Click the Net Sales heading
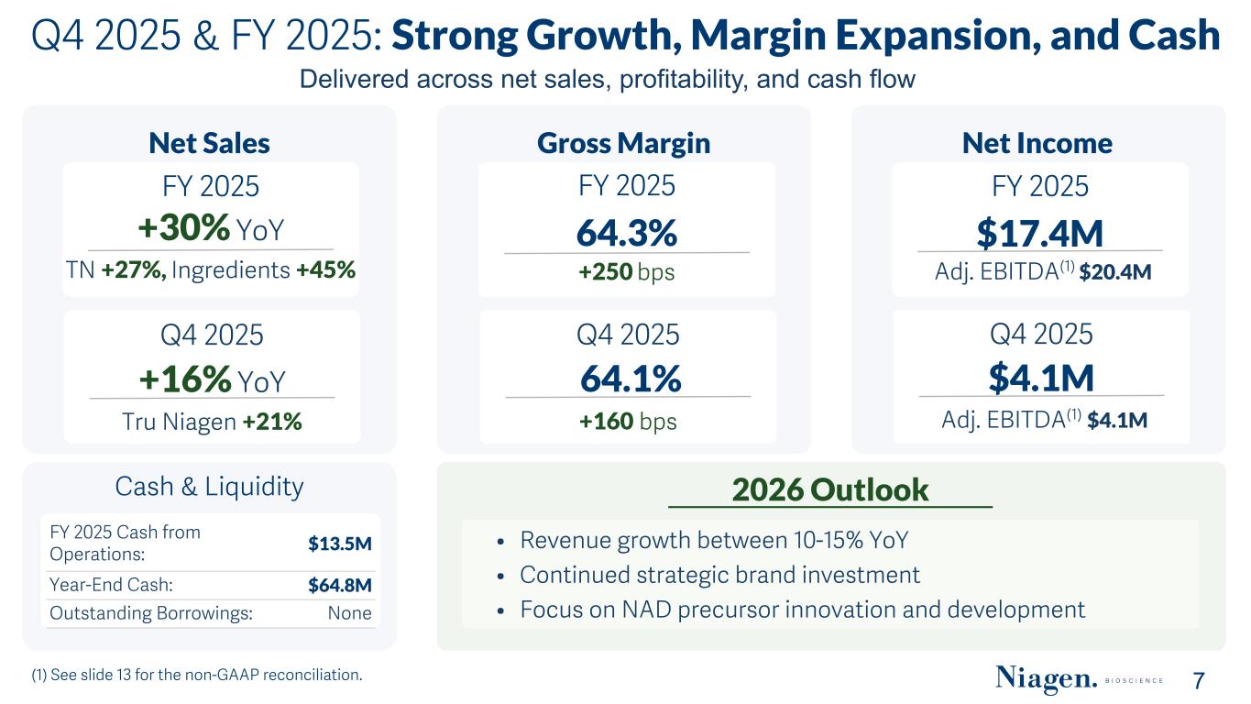209,143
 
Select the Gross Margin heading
623,143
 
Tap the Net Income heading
1037,143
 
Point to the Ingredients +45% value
326,270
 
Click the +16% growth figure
184,379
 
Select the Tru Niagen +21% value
273,422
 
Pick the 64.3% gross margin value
626,233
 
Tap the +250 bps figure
605,272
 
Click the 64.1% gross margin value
631,378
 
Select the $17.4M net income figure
1038,233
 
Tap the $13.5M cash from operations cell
340,543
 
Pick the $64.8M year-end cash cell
340,586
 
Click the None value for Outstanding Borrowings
350,613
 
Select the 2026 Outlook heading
830,489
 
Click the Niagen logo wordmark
1046,679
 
